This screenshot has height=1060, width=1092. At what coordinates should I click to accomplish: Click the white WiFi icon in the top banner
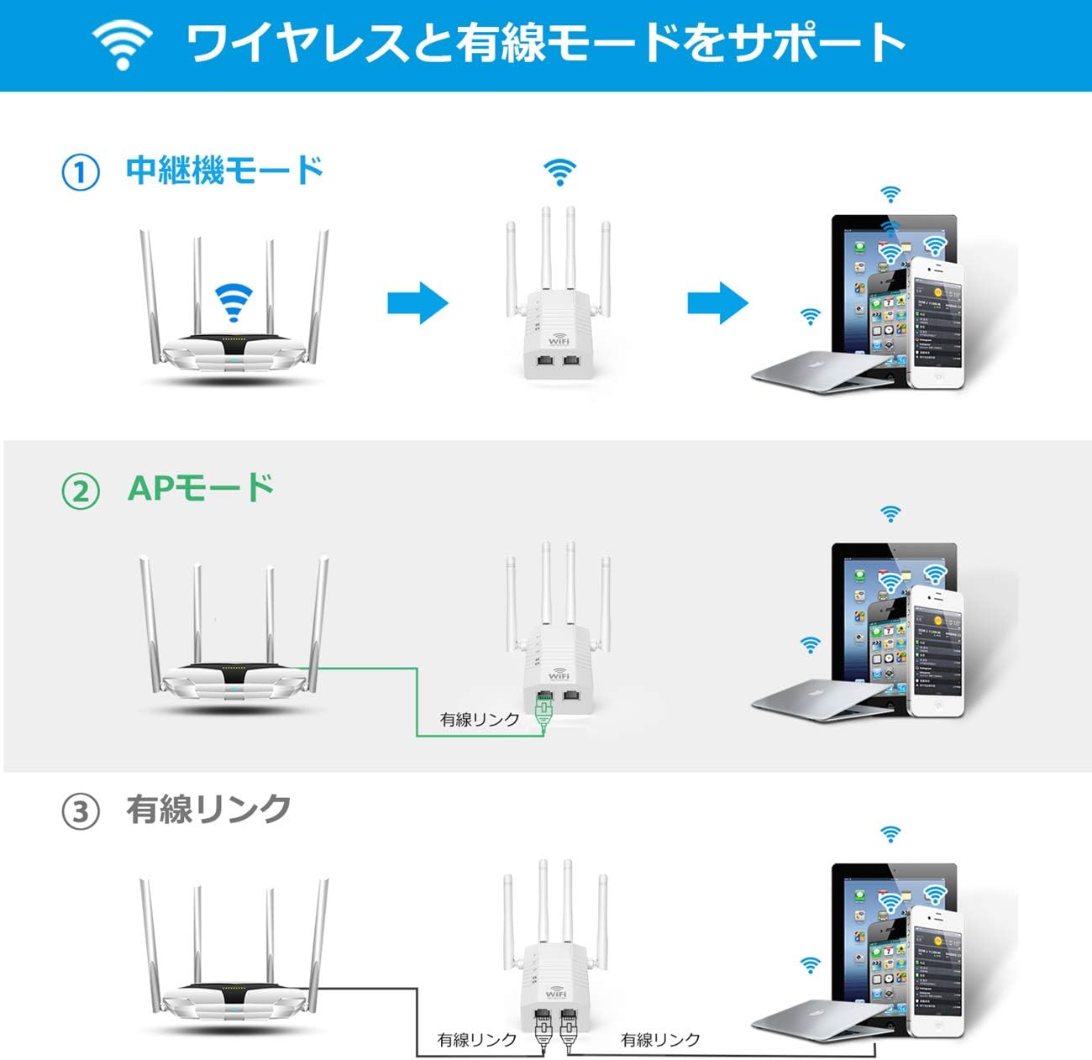tap(123, 44)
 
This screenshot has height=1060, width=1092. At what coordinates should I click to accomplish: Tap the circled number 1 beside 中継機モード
tap(81, 172)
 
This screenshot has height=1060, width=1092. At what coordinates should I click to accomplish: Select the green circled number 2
tap(81, 490)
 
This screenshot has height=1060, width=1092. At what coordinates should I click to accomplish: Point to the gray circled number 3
tap(81, 812)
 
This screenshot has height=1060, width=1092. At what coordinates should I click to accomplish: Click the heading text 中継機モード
tap(224, 171)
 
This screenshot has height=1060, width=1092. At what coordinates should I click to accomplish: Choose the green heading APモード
tap(201, 488)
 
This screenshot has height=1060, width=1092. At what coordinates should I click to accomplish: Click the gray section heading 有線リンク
tap(208, 810)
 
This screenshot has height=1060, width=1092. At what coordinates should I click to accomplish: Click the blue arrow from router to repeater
tap(417, 302)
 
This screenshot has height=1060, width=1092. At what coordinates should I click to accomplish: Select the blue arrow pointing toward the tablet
tap(717, 302)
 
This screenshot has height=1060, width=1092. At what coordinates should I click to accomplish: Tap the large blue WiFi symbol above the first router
tap(234, 302)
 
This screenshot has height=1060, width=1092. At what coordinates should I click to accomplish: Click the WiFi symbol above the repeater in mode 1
tap(559, 171)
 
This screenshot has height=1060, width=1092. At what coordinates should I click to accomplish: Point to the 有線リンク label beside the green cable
tap(480, 720)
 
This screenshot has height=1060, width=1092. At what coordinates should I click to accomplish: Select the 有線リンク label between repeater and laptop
tap(660, 1040)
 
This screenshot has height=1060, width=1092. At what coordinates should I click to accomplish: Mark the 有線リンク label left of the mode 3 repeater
tap(477, 1040)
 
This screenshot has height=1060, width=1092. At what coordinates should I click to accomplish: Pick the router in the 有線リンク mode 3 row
tap(234, 983)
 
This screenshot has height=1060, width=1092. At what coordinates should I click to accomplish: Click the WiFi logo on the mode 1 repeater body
tap(559, 340)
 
